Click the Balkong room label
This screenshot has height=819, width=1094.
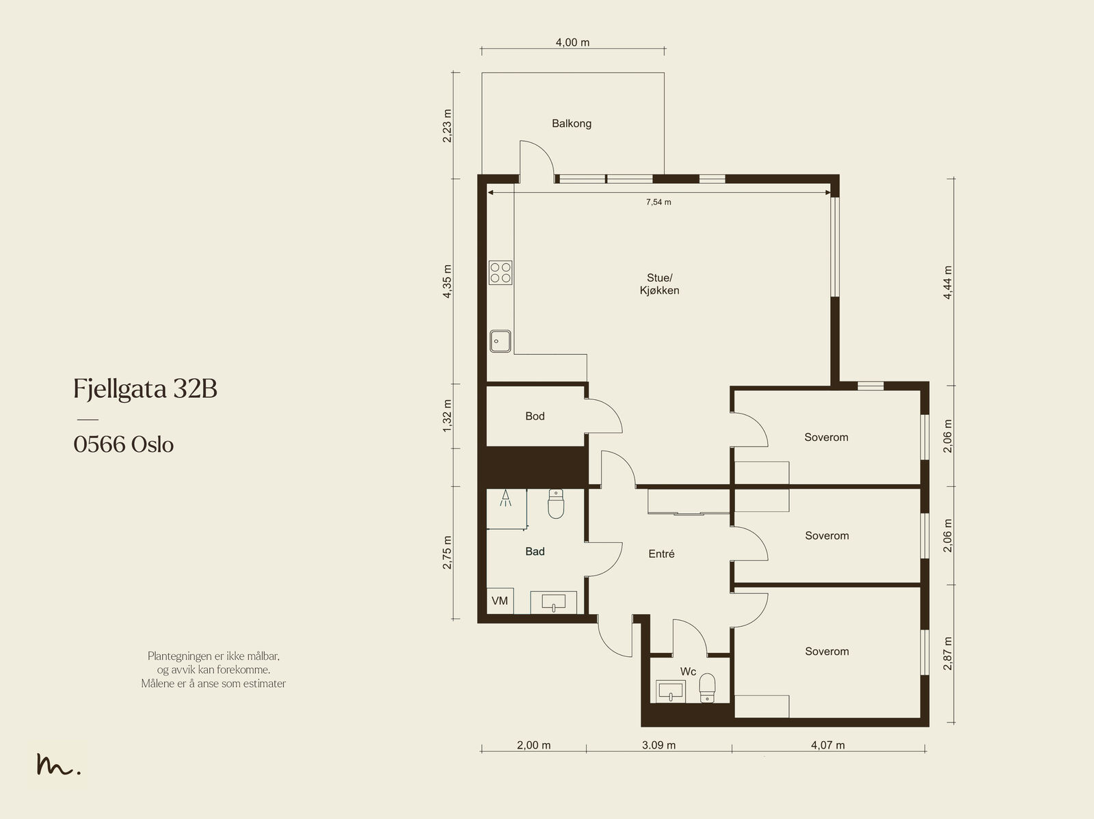click(x=571, y=124)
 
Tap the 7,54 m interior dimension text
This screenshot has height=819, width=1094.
click(x=658, y=202)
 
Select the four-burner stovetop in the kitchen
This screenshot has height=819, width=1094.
click(x=501, y=273)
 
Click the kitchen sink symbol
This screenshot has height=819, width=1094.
click(x=500, y=341)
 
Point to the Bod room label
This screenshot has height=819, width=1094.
click(x=535, y=416)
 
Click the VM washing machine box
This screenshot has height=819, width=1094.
click(x=500, y=601)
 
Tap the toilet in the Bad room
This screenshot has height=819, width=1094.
click(x=556, y=504)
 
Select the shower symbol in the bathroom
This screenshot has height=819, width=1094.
click(x=505, y=498)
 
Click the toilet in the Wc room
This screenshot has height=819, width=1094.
click(x=707, y=688)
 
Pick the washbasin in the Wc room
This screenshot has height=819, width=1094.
click(x=670, y=691)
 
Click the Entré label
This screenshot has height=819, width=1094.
click(x=661, y=554)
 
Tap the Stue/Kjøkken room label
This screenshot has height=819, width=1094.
click(x=659, y=284)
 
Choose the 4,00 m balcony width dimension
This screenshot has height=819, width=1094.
click(x=573, y=43)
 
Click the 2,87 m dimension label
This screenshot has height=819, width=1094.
click(x=948, y=653)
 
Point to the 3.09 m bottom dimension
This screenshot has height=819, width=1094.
click(x=658, y=745)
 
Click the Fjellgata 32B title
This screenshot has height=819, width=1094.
click(x=146, y=389)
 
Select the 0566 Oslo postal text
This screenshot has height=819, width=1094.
click(x=124, y=444)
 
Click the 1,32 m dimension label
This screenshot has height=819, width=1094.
click(x=447, y=416)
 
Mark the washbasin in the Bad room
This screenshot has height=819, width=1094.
click(x=553, y=602)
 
